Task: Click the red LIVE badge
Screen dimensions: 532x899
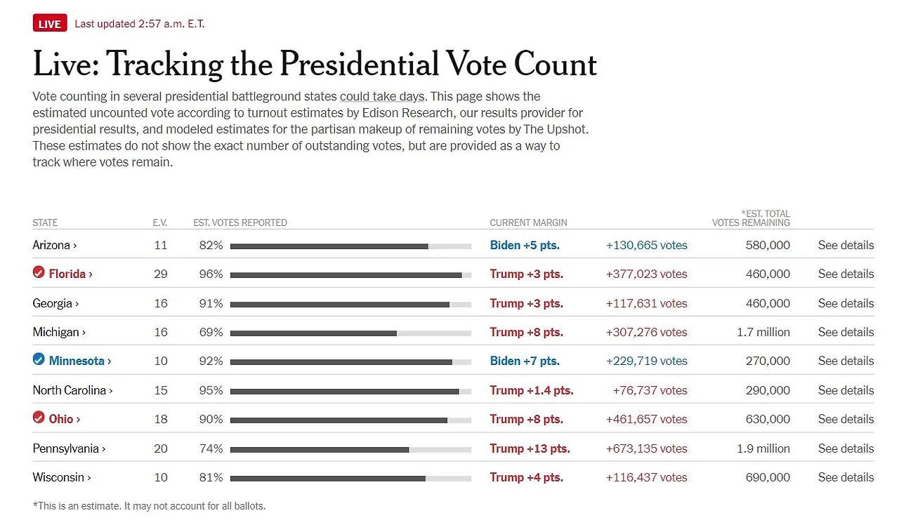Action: (49, 24)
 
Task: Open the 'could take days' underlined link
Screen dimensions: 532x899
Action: (381, 97)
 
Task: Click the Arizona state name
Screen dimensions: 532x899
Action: (52, 246)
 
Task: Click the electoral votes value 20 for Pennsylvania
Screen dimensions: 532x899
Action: (161, 448)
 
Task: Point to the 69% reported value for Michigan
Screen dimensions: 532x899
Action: (211, 332)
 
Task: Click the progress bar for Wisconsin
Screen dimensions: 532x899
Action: (350, 478)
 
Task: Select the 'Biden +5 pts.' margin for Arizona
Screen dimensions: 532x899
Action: (525, 246)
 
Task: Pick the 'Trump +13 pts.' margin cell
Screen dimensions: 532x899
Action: (530, 448)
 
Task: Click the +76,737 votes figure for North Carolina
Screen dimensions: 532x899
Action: (650, 390)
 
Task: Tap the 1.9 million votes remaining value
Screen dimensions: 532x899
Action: (763, 448)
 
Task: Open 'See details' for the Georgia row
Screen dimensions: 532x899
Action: (846, 303)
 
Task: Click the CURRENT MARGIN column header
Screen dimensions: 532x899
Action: (528, 222)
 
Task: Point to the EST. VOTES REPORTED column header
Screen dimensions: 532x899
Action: (240, 222)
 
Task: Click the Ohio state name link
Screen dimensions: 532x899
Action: (61, 419)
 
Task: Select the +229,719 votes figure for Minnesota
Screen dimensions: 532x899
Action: (646, 361)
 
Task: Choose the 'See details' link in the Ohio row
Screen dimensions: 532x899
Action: (846, 419)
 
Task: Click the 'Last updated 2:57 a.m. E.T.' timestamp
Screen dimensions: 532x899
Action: (140, 24)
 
